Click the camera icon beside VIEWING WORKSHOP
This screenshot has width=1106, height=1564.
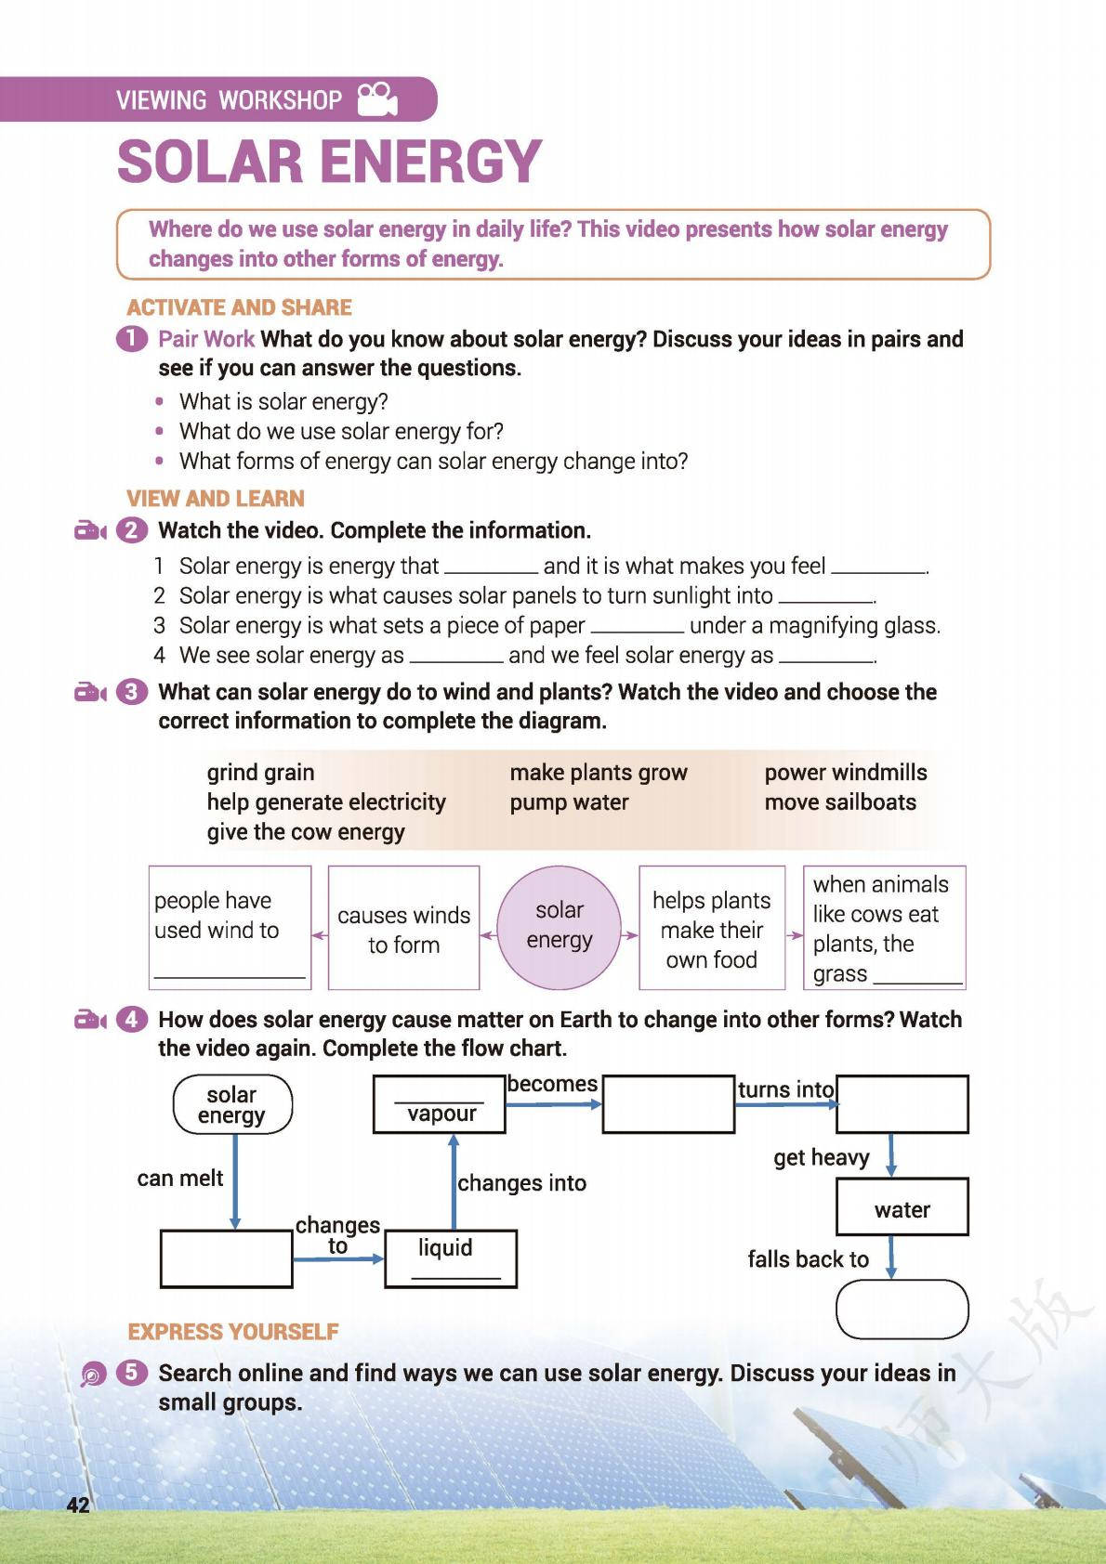click(x=377, y=99)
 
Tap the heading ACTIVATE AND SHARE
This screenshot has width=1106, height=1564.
click(x=239, y=307)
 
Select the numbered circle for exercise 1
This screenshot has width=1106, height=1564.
click(x=132, y=339)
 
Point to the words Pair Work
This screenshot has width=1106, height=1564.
click(x=206, y=339)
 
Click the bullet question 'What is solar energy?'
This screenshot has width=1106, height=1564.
click(x=283, y=401)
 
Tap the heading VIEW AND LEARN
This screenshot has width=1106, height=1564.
click(x=216, y=499)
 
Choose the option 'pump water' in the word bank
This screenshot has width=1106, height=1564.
click(x=569, y=802)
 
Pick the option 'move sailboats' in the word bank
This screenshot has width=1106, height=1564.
click(x=840, y=802)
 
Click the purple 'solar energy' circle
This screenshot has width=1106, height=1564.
click(x=560, y=926)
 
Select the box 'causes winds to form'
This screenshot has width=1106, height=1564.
click(x=403, y=929)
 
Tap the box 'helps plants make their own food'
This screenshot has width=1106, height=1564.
click(x=712, y=929)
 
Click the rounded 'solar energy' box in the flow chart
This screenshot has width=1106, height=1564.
click(x=232, y=1105)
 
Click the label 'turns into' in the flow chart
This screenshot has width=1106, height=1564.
click(x=785, y=1089)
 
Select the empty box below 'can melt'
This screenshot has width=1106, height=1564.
click(x=226, y=1259)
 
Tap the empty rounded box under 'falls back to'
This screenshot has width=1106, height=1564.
click(x=902, y=1310)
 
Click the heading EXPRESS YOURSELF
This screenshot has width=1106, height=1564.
click(x=233, y=1332)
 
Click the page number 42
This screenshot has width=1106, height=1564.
click(x=78, y=1505)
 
